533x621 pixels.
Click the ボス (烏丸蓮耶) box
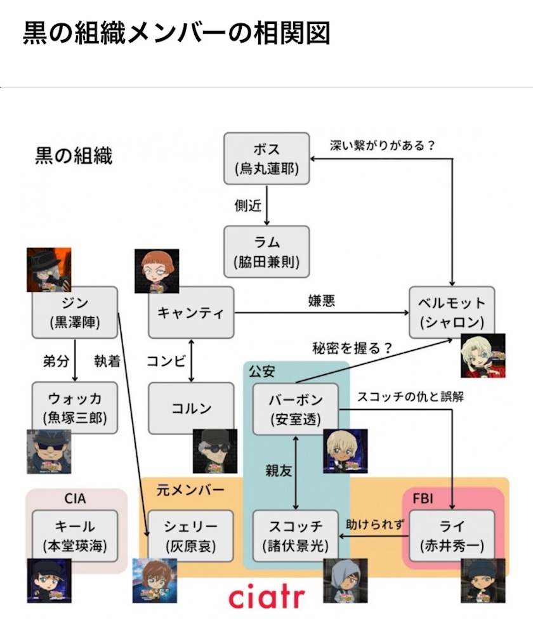point(266,159)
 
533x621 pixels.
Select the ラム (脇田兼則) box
point(266,251)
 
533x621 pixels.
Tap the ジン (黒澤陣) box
point(74,313)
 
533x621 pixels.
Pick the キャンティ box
point(191,313)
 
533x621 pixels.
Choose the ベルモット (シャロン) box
point(452,313)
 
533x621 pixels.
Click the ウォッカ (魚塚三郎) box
point(74,408)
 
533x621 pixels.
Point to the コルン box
point(191,408)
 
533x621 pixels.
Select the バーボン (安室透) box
point(296,409)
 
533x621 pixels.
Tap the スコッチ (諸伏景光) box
point(296,536)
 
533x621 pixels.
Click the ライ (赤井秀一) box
point(452,536)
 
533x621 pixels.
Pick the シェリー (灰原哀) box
point(190,536)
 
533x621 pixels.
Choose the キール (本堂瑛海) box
point(74,536)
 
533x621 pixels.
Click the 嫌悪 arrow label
point(322,301)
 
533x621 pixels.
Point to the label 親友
point(279,471)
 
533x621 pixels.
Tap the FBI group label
point(423,498)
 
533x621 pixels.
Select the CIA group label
point(75,498)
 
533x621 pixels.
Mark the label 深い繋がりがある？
point(383,145)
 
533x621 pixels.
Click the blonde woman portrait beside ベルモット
point(483,356)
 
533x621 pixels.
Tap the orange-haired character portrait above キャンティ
point(157,271)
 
